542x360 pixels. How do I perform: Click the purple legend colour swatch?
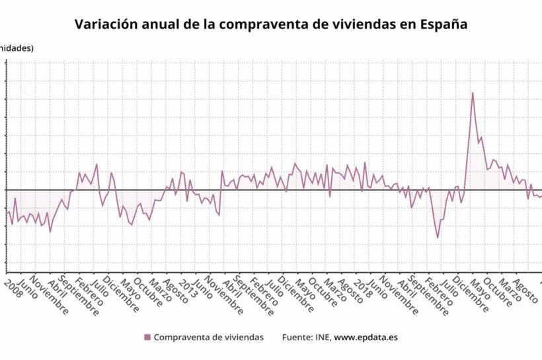tap(147, 338)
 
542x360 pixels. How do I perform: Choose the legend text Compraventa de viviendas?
tap(209, 338)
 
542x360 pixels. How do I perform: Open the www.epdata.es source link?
tap(366, 338)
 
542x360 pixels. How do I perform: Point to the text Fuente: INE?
tap(306, 338)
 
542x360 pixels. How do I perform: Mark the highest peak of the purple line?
tap(473, 92)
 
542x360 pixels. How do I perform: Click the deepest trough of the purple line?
tap(438, 237)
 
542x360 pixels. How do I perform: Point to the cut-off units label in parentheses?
tap(16, 48)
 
